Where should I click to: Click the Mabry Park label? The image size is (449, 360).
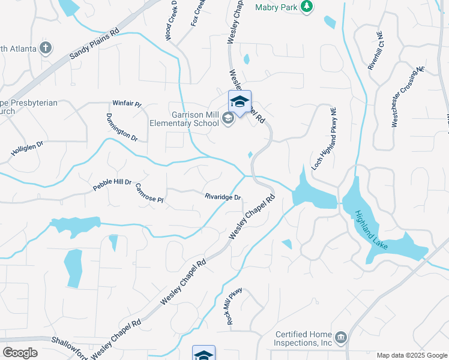[276, 7]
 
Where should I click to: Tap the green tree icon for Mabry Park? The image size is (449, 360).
[307, 7]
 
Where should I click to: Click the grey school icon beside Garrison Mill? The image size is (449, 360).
[228, 118]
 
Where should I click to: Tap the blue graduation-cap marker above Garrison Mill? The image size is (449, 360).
[240, 101]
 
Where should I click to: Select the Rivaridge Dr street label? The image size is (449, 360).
[223, 197]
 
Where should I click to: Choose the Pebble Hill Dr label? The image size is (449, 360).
[112, 185]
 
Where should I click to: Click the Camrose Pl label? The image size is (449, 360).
[149, 193]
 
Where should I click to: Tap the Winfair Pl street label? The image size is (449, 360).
[127, 104]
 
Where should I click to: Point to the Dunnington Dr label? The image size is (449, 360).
[122, 127]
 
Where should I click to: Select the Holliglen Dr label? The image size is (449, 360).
[28, 149]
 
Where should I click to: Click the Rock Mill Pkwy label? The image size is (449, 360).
[234, 306]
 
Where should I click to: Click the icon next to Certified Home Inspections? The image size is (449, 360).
[341, 338]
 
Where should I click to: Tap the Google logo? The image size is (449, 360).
[20, 352]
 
